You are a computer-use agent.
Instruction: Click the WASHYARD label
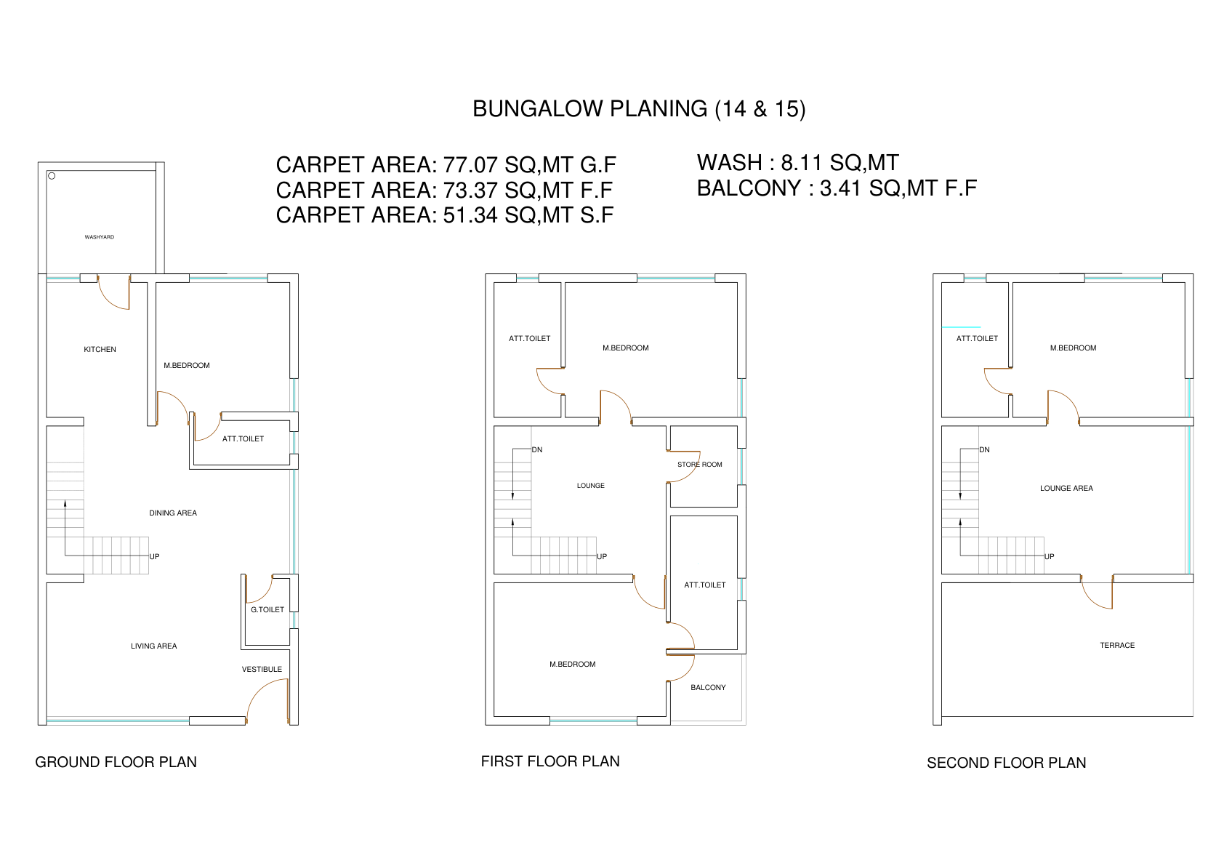100,237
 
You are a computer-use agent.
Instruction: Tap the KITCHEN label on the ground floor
100,349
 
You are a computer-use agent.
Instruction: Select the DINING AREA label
173,513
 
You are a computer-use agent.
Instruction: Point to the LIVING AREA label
154,646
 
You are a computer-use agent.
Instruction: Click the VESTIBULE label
262,669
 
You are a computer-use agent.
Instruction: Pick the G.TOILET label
267,609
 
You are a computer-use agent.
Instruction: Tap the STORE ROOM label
700,465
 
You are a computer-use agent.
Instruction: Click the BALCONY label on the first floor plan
708,688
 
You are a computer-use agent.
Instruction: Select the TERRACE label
1117,646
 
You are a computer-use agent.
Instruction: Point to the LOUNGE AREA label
1066,488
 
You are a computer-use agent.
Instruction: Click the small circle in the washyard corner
52,176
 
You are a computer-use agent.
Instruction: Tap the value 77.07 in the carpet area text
470,165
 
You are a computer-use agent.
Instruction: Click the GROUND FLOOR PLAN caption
116,762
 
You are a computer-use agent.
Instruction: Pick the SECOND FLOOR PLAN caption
1007,763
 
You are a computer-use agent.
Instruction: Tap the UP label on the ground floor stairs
155,556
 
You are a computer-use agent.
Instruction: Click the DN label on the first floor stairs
537,450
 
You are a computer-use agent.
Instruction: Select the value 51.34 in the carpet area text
470,215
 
